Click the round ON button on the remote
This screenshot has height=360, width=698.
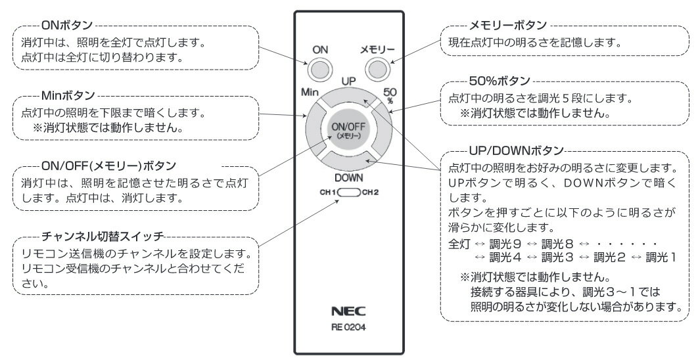pos(319,69)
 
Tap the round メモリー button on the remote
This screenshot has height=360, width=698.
pos(376,69)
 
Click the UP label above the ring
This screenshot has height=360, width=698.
pos(348,81)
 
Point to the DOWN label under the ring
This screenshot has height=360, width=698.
pos(348,178)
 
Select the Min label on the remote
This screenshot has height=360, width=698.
pos(310,92)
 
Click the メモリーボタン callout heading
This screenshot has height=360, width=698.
pos(507,25)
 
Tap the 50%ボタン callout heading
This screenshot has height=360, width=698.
pos(500,81)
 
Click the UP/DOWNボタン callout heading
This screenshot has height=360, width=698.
pos(517,149)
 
